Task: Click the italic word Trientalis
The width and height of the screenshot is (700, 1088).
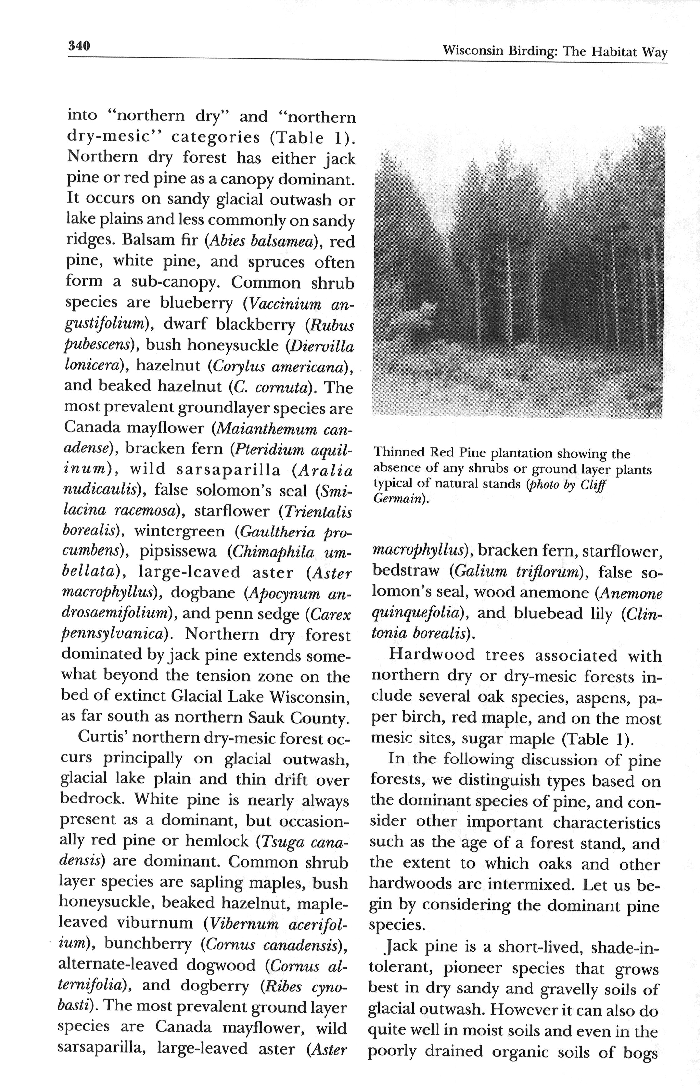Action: pyautogui.click(x=318, y=512)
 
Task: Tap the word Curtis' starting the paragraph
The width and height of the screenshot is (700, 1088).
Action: pyautogui.click(x=100, y=738)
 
